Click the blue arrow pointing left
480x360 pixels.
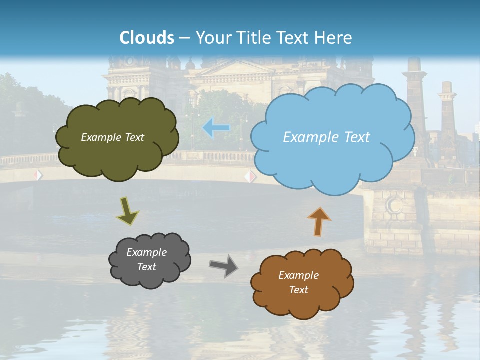pyautogui.click(x=216, y=128)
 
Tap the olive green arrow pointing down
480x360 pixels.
pyautogui.click(x=127, y=210)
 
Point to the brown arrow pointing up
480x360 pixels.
pyautogui.click(x=319, y=221)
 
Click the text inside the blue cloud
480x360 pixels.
pyautogui.click(x=326, y=137)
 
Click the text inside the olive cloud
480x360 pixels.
pyautogui.click(x=112, y=137)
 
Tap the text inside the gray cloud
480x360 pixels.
pyautogui.click(x=147, y=260)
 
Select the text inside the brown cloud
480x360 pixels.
pyautogui.click(x=299, y=282)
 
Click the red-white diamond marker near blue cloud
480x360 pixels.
pyautogui.click(x=250, y=176)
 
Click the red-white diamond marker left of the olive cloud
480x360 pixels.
pyautogui.click(x=38, y=175)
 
